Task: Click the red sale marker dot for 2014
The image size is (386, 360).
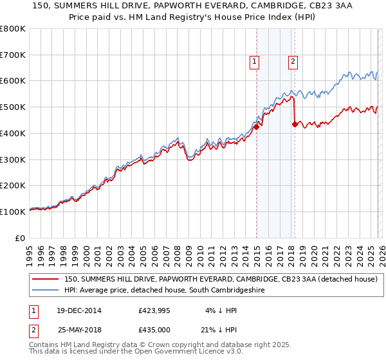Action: coord(256,127)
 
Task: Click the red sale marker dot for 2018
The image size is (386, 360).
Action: coord(295,124)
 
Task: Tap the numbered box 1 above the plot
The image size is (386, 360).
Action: coord(255,62)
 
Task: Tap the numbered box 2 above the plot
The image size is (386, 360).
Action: coord(293,62)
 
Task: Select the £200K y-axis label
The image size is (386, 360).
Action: coord(13,186)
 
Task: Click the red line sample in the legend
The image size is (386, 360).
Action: coord(46,280)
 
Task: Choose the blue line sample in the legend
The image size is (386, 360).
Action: coord(46,291)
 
